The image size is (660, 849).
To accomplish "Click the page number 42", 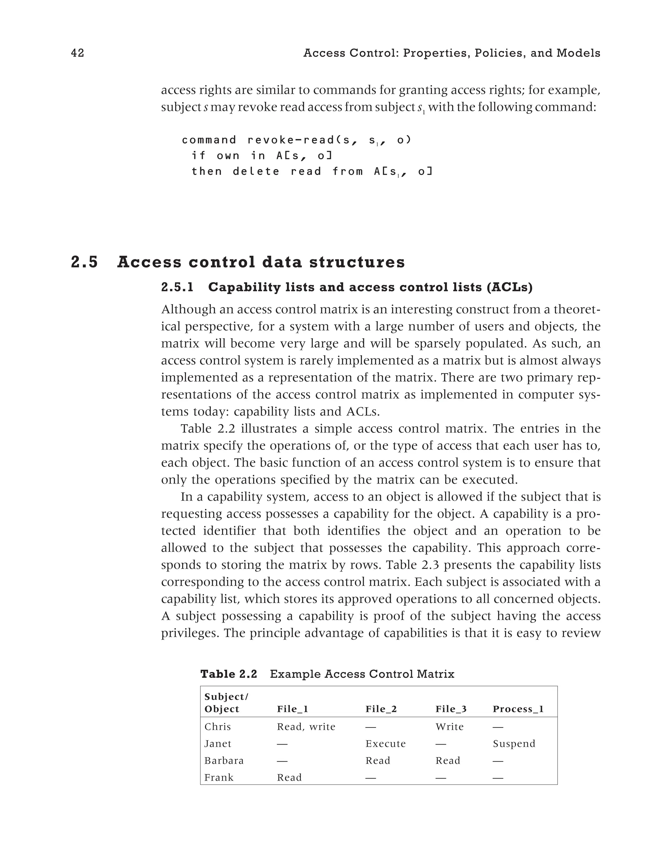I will pyautogui.click(x=78, y=53).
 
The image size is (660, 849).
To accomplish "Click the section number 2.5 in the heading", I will pyautogui.click(x=84, y=262).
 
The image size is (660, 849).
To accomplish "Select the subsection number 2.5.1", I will pyautogui.click(x=177, y=287).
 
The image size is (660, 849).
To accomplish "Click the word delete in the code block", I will pyautogui.click(x=256, y=172).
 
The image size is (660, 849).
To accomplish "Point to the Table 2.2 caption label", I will pyautogui.click(x=228, y=674).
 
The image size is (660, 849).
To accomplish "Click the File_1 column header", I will pyautogui.click(x=292, y=709).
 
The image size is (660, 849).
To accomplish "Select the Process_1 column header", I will pyautogui.click(x=518, y=709).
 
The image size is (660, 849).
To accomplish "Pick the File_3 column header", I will pyautogui.click(x=451, y=709).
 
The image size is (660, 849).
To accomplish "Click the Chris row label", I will pyautogui.click(x=218, y=727).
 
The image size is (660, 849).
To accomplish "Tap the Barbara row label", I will pyautogui.click(x=224, y=761).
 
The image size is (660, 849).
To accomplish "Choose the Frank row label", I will pyautogui.click(x=219, y=778).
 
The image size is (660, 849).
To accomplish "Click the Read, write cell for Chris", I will pyautogui.click(x=306, y=727).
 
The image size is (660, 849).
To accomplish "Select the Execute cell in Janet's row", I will pyautogui.click(x=385, y=744).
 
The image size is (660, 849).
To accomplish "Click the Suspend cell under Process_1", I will pyautogui.click(x=514, y=744).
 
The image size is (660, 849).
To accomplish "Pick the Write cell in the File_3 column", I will pyautogui.click(x=450, y=727).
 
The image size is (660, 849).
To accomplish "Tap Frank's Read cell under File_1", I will pyautogui.click(x=289, y=778).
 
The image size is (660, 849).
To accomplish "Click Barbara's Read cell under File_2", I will pyautogui.click(x=378, y=761).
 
